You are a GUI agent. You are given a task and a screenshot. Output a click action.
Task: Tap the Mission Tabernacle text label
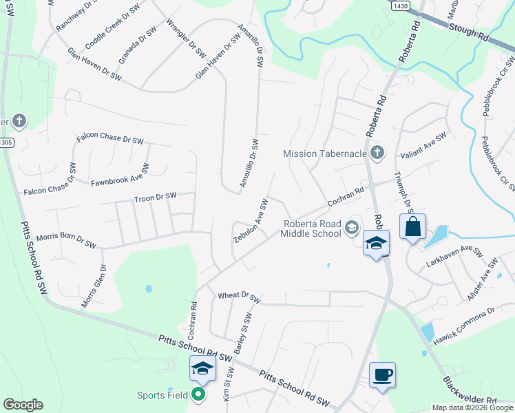click(x=326, y=153)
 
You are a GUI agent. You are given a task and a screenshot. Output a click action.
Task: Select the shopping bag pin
click(x=412, y=227)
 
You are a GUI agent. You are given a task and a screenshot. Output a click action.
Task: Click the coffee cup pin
click(x=383, y=376)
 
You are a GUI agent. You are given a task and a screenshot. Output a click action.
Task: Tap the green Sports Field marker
click(x=198, y=394)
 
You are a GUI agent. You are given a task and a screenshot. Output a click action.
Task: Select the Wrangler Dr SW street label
click(x=186, y=37)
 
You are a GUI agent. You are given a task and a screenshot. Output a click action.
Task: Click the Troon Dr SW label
click(x=156, y=198)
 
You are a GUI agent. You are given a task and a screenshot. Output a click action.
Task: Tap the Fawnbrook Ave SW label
click(x=120, y=176)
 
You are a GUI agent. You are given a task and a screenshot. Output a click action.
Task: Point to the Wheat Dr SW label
click(x=238, y=297)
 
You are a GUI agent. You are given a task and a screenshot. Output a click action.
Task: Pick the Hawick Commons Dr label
click(x=464, y=317)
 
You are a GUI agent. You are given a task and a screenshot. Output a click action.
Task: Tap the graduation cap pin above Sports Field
click(x=202, y=370)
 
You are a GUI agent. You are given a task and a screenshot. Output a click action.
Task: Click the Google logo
click(x=23, y=405)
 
